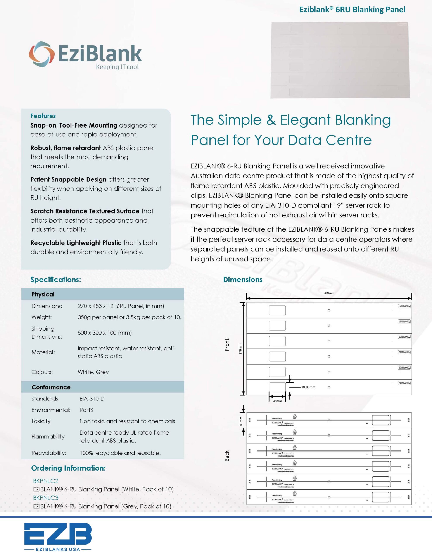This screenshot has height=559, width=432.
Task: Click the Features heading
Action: click(43, 116)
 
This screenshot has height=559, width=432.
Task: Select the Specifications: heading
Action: click(55, 279)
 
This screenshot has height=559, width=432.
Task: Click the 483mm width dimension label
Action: click(329, 293)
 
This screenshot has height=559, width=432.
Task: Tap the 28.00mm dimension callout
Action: click(308, 387)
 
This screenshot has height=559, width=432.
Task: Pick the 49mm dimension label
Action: click(277, 401)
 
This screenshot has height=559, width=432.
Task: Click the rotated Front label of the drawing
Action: click(227, 345)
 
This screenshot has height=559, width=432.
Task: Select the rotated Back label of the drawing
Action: click(227, 456)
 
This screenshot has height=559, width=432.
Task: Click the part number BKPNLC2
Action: click(46, 481)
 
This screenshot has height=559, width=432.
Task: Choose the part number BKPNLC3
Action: click(46, 498)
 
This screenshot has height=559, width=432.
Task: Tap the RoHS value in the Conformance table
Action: click(86, 410)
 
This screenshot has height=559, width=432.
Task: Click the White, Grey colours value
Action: click(93, 372)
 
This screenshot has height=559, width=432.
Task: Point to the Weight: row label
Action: click(41, 317)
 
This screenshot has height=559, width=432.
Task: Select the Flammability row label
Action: click(48, 437)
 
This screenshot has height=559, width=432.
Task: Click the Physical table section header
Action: click(43, 294)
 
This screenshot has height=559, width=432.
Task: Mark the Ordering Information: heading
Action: click(68, 468)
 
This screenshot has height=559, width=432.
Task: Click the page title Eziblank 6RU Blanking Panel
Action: click(352, 10)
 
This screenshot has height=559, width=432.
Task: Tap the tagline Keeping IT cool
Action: click(117, 67)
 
